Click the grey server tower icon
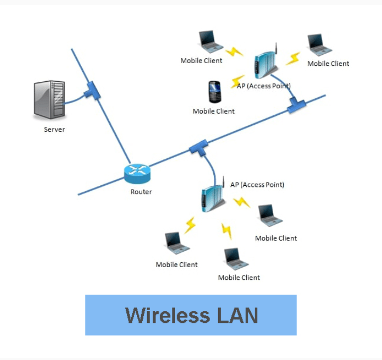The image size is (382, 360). pyautogui.click(x=49, y=99)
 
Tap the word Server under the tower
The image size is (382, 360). pyautogui.click(x=54, y=129)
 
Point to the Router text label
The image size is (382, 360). pyautogui.click(x=141, y=192)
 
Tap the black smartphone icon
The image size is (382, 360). pyautogui.click(x=214, y=91)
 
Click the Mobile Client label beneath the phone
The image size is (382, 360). pyautogui.click(x=214, y=112)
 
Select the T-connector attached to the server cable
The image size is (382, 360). pyautogui.click(x=92, y=90)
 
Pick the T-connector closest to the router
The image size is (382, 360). pyautogui.click(x=198, y=147)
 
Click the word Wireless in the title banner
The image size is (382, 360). pyautogui.click(x=165, y=315)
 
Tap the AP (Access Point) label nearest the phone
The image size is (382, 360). pyautogui.click(x=264, y=85)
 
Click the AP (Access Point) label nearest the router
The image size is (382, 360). pyautogui.click(x=257, y=185)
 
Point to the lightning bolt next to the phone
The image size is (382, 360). pyautogui.click(x=238, y=80)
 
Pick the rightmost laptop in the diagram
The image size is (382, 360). pyautogui.click(x=320, y=45)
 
